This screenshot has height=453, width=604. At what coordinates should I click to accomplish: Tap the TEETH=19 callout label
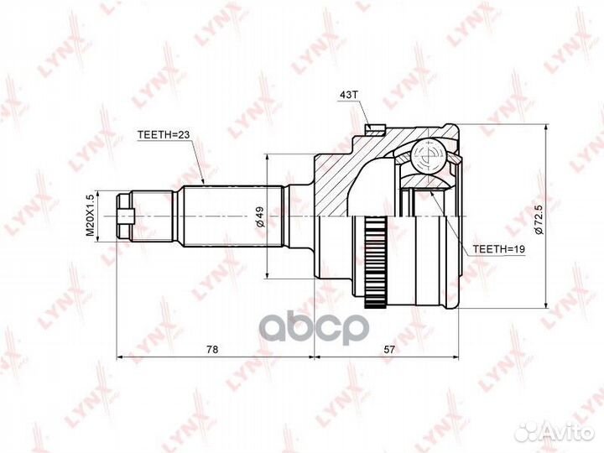(x=498, y=249)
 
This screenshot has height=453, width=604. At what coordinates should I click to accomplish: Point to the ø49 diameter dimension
(x=261, y=216)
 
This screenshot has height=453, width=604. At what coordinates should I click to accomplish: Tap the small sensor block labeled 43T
(x=375, y=129)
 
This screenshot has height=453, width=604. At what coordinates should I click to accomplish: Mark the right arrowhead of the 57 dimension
(x=459, y=357)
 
